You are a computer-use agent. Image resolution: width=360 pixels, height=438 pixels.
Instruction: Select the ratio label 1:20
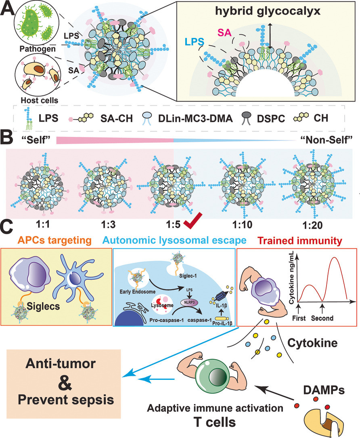[313, 225]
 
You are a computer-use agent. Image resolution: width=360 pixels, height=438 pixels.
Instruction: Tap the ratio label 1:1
[43, 224]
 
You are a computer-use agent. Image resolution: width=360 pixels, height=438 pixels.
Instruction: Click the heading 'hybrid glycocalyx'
[268, 11]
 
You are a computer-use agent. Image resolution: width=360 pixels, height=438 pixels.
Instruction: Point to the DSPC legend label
[271, 119]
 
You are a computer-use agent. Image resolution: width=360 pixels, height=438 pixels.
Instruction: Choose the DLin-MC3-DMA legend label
[195, 118]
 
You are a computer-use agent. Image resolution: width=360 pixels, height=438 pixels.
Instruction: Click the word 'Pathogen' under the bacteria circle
[38, 49]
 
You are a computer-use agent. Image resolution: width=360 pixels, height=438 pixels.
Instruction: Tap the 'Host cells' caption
[40, 100]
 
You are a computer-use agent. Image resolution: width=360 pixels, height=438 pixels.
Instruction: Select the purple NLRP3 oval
[189, 302]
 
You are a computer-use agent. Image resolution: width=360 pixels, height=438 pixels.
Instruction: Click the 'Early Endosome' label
[137, 292]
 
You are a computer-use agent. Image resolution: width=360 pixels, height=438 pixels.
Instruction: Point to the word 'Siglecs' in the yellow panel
[43, 306]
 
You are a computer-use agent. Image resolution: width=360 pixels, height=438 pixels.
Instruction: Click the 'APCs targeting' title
[54, 240]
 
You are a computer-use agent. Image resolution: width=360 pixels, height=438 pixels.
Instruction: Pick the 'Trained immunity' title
[300, 241]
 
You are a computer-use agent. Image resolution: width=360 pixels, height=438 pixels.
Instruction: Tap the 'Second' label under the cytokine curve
[322, 318]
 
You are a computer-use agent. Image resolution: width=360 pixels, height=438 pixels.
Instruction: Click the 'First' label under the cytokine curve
[299, 318]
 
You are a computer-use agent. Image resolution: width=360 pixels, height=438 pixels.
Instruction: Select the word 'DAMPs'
[324, 390]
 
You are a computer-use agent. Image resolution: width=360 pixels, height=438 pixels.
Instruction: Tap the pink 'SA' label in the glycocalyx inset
[224, 33]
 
